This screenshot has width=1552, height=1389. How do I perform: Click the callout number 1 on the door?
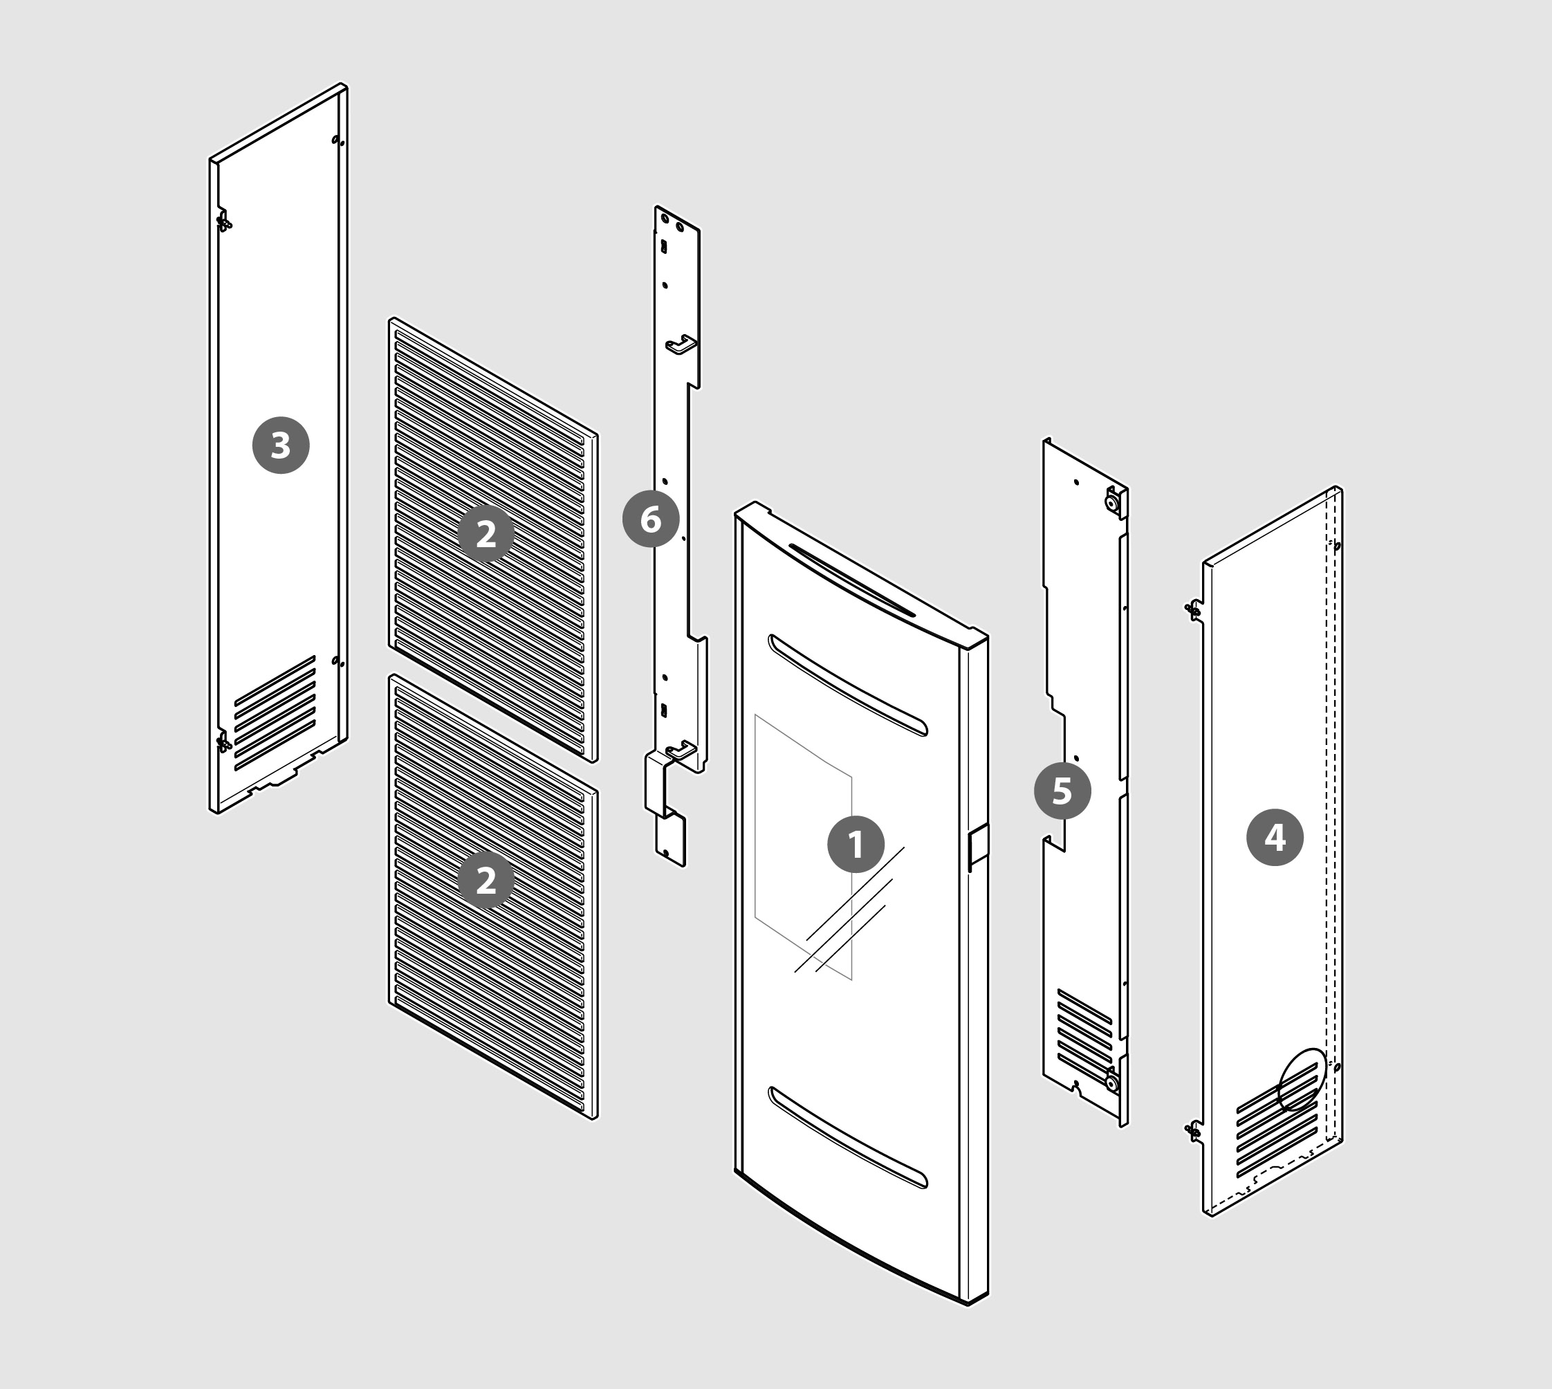(x=856, y=844)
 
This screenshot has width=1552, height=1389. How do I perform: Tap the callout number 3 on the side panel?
(x=281, y=445)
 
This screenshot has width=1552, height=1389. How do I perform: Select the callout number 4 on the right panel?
(x=1275, y=837)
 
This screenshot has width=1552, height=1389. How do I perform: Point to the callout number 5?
(x=1062, y=791)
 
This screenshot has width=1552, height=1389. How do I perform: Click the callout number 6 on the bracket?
(x=651, y=519)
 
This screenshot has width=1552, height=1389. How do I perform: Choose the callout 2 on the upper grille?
(x=486, y=533)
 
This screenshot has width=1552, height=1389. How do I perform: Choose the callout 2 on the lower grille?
(x=486, y=880)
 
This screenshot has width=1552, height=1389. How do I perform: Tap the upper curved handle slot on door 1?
(x=848, y=685)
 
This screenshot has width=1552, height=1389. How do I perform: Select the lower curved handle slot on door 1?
(x=848, y=1138)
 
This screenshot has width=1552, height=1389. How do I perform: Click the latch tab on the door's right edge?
(x=978, y=847)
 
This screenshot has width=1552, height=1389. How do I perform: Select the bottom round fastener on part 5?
(x=1111, y=1081)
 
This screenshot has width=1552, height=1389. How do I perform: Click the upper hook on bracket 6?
(x=681, y=345)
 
